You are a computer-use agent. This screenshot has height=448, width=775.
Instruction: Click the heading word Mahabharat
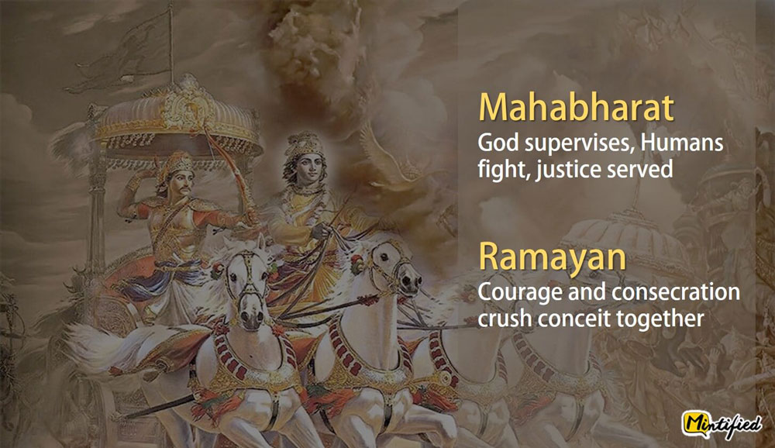(x=577, y=107)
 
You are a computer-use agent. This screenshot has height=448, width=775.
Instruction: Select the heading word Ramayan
(x=552, y=257)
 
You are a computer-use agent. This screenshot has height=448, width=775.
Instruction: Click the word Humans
(x=682, y=143)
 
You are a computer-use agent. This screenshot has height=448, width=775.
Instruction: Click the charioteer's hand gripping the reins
(x=322, y=232)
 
